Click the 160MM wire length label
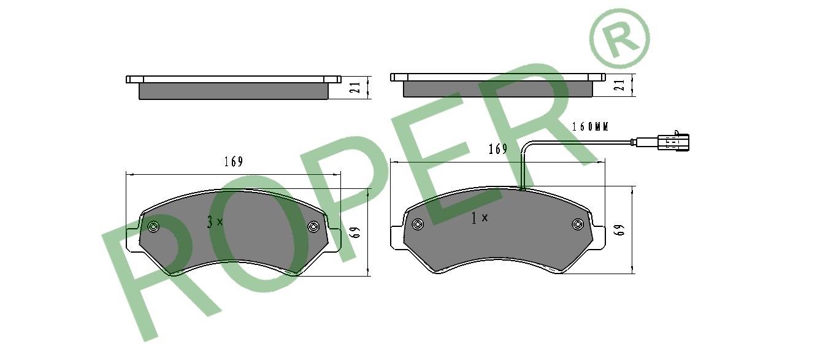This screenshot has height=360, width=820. (590, 127)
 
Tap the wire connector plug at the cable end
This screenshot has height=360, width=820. (673, 142)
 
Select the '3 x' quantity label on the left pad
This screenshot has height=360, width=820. (215, 222)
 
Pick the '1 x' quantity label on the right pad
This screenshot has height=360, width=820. (479, 218)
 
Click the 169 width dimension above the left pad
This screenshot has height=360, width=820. (234, 161)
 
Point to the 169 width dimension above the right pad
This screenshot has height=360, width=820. (498, 149)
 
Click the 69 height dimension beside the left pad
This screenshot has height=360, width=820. (355, 232)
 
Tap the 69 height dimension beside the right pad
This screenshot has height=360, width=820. (619, 229)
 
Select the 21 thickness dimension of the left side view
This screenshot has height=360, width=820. (355, 88)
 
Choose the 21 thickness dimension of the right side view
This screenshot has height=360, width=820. (619, 85)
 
